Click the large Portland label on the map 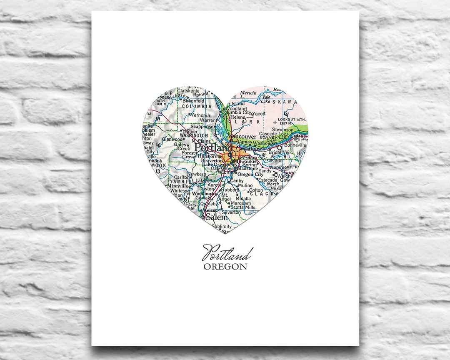pyautogui.click(x=213, y=148)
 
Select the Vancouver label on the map pyautogui.click(x=243, y=137)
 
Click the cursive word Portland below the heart pyautogui.click(x=227, y=253)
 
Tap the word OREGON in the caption pyautogui.click(x=225, y=267)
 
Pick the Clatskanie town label pyautogui.click(x=189, y=90)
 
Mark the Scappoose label pyautogui.click(x=202, y=127)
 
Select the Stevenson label pyautogui.click(x=282, y=130)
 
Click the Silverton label pyautogui.click(x=231, y=212)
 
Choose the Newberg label pyautogui.click(x=196, y=174)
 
